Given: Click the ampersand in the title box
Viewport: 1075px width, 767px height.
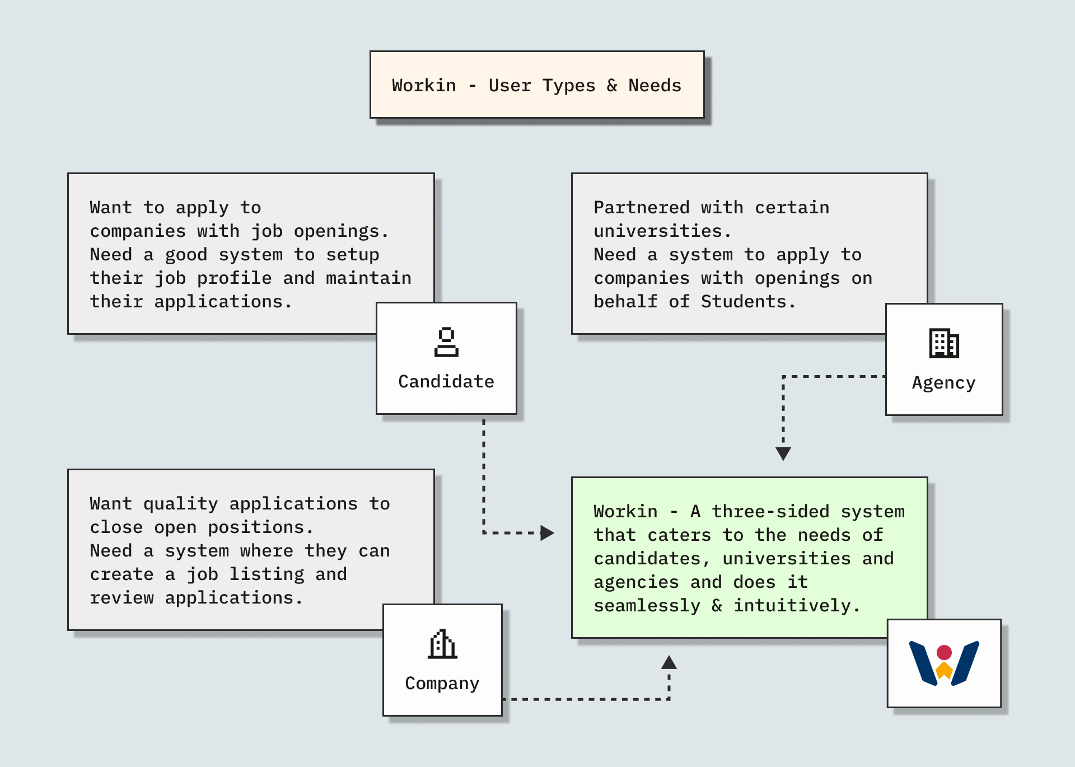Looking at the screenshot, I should coord(612,86).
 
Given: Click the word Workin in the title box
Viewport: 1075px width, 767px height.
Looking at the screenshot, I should coord(424,86).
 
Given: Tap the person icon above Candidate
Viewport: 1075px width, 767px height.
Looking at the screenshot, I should coord(446,342).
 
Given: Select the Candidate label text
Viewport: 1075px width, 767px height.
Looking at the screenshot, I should coord(446,382).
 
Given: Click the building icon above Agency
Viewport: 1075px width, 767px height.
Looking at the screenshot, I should coord(944,343).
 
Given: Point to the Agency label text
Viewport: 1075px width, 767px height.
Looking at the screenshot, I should coord(943,383).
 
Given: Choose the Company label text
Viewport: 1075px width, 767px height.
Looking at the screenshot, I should coord(442,684).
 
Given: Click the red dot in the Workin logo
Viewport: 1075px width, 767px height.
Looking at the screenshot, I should coord(944,652).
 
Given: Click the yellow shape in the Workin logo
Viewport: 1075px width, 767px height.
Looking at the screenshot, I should coord(944,670).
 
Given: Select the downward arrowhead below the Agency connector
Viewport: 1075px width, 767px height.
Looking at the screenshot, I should coord(783,453).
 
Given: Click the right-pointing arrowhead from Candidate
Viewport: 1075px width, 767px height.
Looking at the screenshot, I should coord(546,533).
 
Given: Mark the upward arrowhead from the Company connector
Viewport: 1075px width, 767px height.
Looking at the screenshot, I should coord(669,663).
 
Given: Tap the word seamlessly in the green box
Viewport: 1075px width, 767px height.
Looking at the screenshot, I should coord(647,606).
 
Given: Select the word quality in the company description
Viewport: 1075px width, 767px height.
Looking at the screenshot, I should coord(180,504).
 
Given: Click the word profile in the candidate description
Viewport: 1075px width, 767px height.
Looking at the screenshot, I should coord(234,278).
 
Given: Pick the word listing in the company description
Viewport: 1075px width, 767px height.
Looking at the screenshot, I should coord(267,574).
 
